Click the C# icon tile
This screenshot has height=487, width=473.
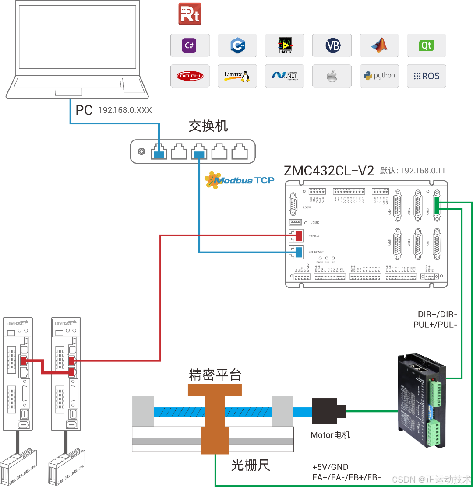pyautogui.click(x=190, y=45)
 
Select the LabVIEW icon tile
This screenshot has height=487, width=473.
pyautogui.click(x=285, y=45)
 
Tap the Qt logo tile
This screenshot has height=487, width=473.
pyautogui.click(x=426, y=45)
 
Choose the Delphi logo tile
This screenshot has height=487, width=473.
pyautogui.click(x=190, y=76)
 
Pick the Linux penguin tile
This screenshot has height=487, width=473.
pyautogui.click(x=237, y=76)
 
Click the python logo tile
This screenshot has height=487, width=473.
pyautogui.click(x=379, y=76)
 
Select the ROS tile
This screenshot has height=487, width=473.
pyautogui.click(x=426, y=76)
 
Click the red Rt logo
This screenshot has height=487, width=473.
pyautogui.click(x=190, y=14)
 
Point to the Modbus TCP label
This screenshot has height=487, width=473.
pyautogui.click(x=240, y=179)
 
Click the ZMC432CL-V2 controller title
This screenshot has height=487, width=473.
pyautogui.click(x=329, y=171)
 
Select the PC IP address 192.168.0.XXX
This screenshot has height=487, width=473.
pyautogui.click(x=125, y=110)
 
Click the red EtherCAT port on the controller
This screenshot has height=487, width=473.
pyautogui.click(x=298, y=236)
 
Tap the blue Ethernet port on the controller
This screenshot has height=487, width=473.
pyautogui.click(x=298, y=252)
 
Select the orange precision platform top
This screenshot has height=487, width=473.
pyautogui.click(x=215, y=390)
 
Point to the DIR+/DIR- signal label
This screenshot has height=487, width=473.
pyautogui.click(x=437, y=315)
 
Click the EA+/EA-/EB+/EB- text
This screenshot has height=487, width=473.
pyautogui.click(x=346, y=477)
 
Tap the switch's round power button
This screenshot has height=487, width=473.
pyautogui.click(x=141, y=152)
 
